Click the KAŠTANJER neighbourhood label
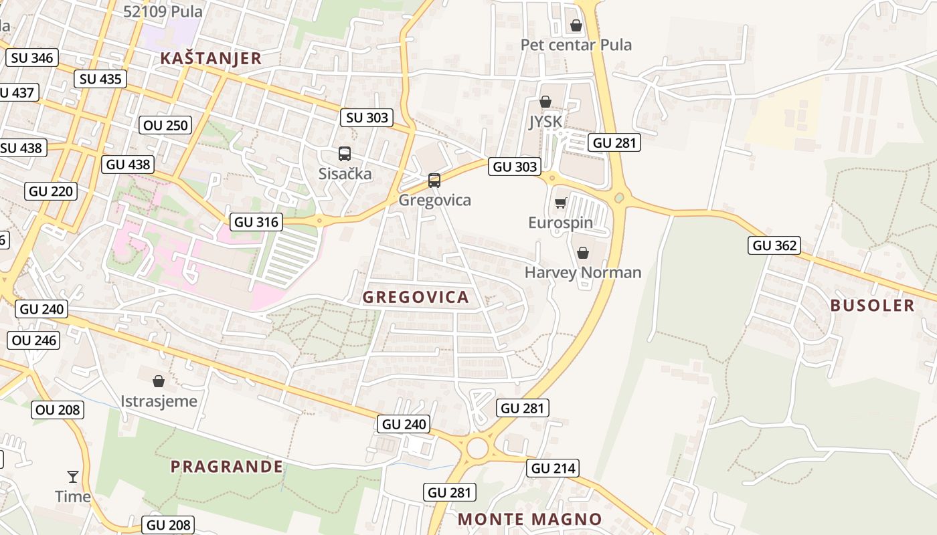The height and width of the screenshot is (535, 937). click(x=211, y=58)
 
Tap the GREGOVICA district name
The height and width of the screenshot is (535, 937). click(x=416, y=298)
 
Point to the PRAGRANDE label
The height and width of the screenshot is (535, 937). click(x=226, y=467)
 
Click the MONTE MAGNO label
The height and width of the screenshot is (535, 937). click(x=529, y=519)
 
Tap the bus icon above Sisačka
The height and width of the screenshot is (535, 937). click(x=345, y=154)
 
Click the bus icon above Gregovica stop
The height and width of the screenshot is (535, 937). click(x=434, y=180)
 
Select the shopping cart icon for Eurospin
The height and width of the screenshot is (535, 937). click(x=561, y=203)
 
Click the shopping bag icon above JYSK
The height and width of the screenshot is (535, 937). click(x=545, y=102)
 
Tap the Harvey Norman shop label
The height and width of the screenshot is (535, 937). click(x=582, y=272)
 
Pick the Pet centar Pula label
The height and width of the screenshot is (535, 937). click(x=576, y=45)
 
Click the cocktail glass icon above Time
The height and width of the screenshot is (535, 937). click(x=73, y=477)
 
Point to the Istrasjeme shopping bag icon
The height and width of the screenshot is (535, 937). click(x=159, y=381)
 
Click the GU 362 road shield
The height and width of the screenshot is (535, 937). click(x=775, y=245)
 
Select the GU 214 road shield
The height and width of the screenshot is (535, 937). click(x=553, y=468)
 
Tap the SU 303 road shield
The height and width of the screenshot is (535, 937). click(x=367, y=118)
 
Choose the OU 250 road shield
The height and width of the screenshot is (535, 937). click(x=166, y=125)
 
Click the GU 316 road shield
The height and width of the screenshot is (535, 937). click(x=256, y=222)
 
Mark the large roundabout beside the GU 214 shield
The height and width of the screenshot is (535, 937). click(x=477, y=448)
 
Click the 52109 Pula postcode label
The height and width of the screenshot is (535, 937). click(x=163, y=11)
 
